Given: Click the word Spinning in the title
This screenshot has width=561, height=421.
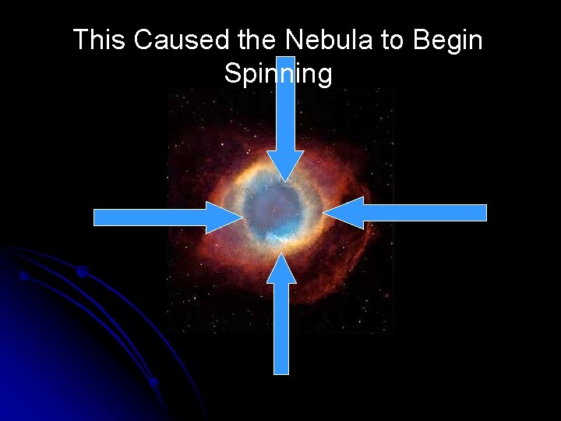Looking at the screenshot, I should point(277,74).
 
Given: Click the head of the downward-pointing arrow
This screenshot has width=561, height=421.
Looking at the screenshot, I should point(286,165).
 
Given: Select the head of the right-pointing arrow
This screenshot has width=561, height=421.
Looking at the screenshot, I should point(223,217).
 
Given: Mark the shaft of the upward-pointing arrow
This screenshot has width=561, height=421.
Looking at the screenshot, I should point(281,327).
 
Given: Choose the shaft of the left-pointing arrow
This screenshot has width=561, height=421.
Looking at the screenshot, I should point(425,213).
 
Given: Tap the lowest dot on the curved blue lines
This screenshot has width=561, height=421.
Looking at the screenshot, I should point(153,382).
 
